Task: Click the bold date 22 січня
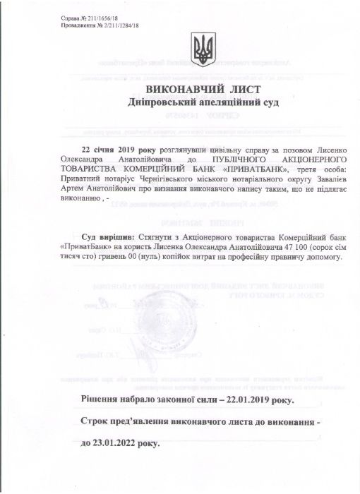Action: pyautogui.click(x=99, y=150)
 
